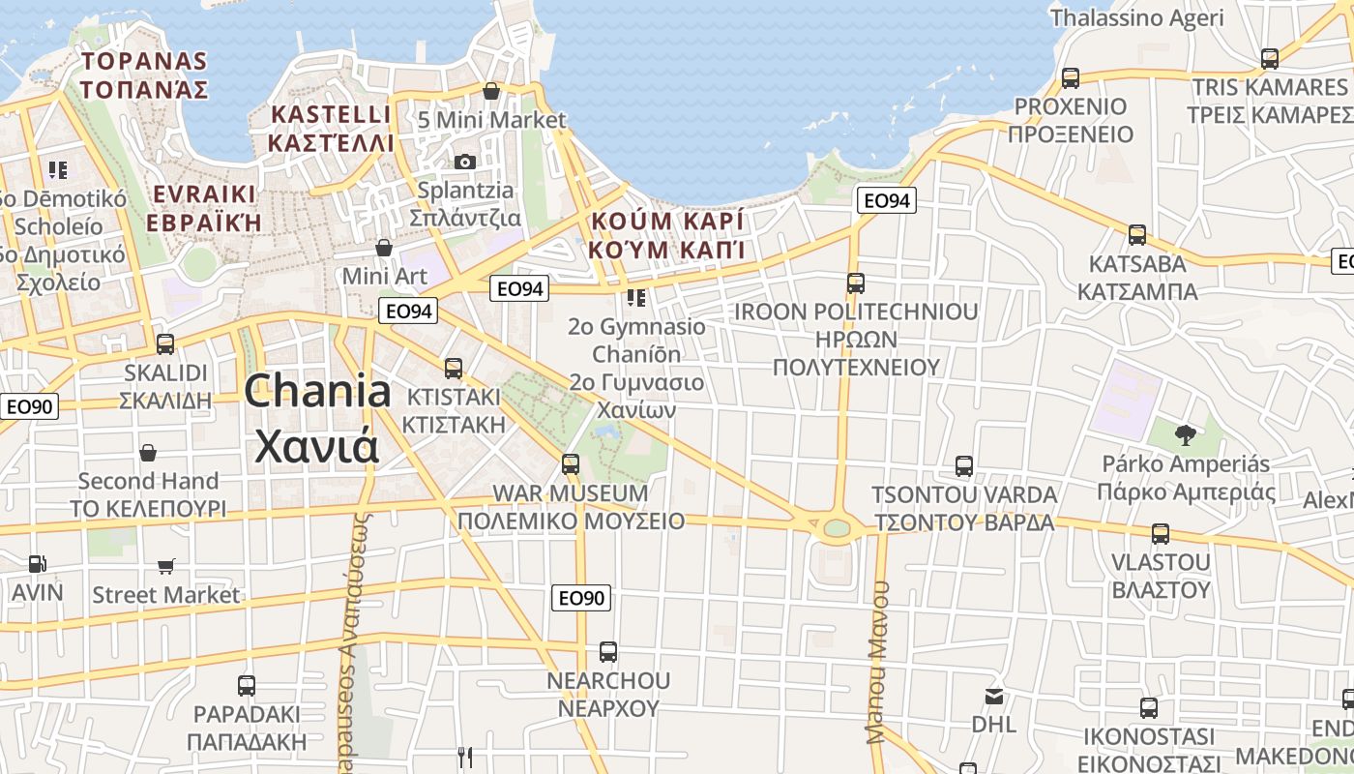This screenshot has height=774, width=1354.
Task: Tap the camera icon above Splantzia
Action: pyautogui.click(x=465, y=162)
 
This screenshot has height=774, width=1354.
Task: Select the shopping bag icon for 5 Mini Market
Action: pyautogui.click(x=491, y=92)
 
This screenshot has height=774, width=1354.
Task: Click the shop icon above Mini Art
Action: pyautogui.click(x=384, y=248)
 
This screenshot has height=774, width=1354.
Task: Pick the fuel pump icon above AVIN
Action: pyautogui.click(x=37, y=563)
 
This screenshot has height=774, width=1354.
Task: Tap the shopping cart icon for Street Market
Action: pyautogui.click(x=166, y=566)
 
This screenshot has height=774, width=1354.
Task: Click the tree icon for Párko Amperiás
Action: pyautogui.click(x=1185, y=434)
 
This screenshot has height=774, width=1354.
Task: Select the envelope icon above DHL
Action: pyautogui.click(x=993, y=696)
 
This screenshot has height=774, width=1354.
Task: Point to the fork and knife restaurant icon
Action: pyautogui.click(x=465, y=756)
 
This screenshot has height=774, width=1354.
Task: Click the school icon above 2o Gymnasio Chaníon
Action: pyautogui.click(x=635, y=297)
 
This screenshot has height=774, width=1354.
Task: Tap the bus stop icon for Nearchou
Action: pyautogui.click(x=607, y=652)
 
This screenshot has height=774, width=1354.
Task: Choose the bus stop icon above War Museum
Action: pyautogui.click(x=571, y=464)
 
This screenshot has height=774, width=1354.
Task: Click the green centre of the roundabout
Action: pyautogui.click(x=836, y=528)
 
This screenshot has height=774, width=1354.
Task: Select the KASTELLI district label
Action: pyautogui.click(x=332, y=114)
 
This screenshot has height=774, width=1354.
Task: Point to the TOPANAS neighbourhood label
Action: pyautogui.click(x=144, y=61)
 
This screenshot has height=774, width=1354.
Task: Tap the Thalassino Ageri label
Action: pyautogui.click(x=1136, y=17)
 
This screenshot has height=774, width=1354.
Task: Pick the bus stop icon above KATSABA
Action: pyautogui.click(x=1137, y=235)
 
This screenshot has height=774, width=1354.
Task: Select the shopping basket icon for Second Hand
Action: pyautogui.click(x=148, y=453)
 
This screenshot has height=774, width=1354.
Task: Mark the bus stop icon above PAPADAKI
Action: pyautogui.click(x=247, y=686)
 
